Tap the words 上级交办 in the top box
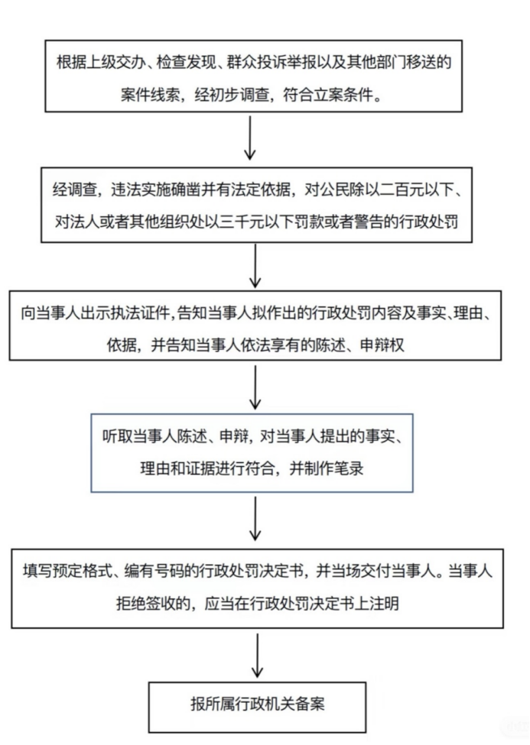(115, 63)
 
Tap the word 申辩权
(382, 345)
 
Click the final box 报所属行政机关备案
(258, 707)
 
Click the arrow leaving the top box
(250, 138)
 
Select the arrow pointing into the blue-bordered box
(255, 387)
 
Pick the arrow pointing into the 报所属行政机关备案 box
(258, 655)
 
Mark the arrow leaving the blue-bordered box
(255, 518)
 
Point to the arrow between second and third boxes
(255, 266)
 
